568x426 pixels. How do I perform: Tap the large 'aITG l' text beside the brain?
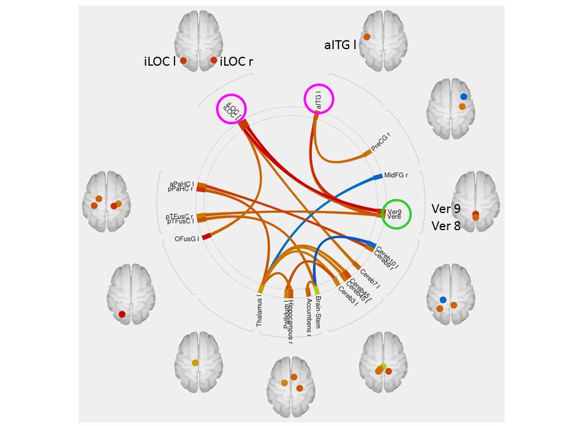click(340, 44)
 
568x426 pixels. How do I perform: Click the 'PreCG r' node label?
click(382, 142)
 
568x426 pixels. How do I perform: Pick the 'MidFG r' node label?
click(396, 175)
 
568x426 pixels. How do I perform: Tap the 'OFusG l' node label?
click(186, 239)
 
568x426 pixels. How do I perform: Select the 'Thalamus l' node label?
click(259, 310)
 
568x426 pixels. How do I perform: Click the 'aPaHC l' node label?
click(182, 185)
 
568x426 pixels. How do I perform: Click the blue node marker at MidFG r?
click(377, 176)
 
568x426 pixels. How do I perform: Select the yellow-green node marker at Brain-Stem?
click(317, 290)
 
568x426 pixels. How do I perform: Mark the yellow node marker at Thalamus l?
click(260, 288)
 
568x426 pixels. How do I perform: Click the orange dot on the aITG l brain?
click(367, 37)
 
